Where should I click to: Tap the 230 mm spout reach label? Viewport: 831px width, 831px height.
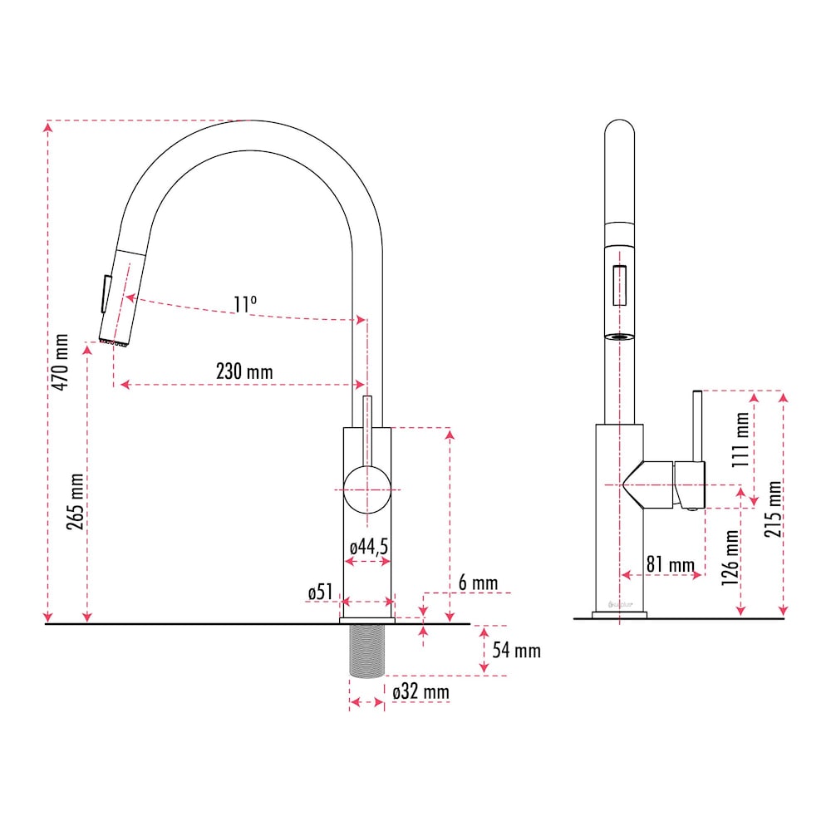click(243, 371)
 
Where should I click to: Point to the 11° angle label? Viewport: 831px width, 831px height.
click(244, 305)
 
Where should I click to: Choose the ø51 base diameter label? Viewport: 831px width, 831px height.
click(320, 592)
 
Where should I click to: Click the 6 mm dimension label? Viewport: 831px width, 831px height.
click(478, 583)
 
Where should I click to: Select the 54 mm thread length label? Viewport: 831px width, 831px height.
click(516, 650)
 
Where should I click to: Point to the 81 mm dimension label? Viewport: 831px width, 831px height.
click(670, 565)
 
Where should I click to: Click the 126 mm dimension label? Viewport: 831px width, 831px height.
click(731, 557)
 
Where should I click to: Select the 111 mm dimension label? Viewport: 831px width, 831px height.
click(739, 440)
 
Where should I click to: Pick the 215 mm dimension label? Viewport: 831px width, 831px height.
click(773, 508)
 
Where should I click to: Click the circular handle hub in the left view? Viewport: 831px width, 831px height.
click(366, 489)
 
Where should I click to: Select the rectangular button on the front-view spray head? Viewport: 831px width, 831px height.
click(620, 285)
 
